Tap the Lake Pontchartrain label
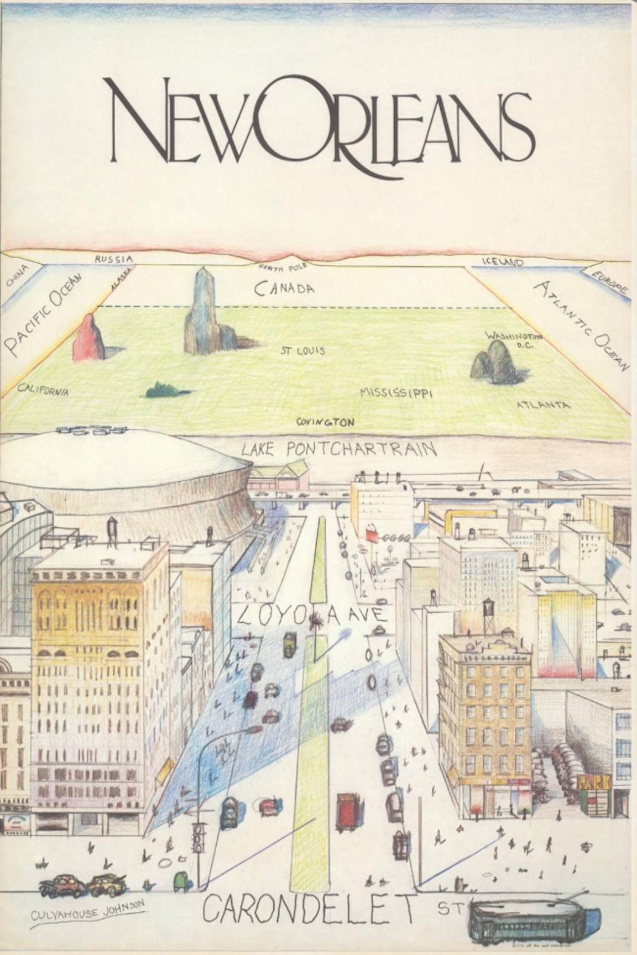point(338,448)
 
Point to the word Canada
point(284,288)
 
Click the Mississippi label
point(396,393)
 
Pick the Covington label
point(325,422)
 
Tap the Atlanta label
point(542,405)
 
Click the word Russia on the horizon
point(113,259)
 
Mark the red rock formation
point(88,337)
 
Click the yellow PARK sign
point(595,783)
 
